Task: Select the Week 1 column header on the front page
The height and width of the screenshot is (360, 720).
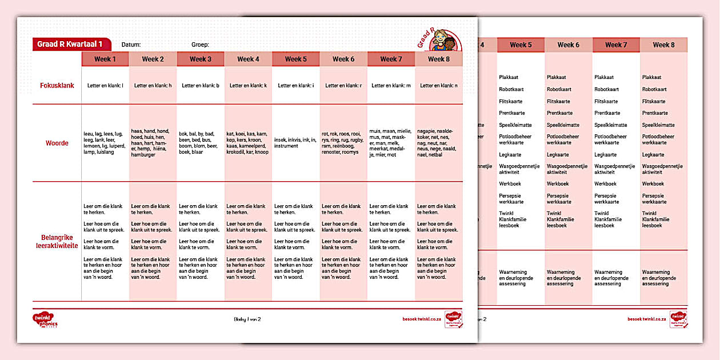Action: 105,59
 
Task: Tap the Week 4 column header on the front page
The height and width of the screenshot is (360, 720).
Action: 248,59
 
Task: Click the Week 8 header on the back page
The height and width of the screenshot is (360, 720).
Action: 663,45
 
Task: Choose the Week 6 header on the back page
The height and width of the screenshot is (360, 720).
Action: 568,45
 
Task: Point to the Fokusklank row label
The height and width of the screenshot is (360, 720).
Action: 57,86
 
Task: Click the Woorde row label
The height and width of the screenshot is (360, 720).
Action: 57,143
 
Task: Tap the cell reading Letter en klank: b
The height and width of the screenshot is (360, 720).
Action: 201,86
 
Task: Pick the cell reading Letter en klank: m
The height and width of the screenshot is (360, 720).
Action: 391,86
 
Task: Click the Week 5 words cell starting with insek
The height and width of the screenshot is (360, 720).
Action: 295,143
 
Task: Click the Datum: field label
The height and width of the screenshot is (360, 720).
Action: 131,45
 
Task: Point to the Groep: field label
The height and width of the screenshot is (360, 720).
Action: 200,45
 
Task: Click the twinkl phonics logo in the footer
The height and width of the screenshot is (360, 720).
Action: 46,320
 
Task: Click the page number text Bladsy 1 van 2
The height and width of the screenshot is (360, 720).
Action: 247,319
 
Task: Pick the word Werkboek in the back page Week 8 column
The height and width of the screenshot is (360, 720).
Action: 653,184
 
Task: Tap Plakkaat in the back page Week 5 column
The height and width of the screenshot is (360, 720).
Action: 509,77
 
